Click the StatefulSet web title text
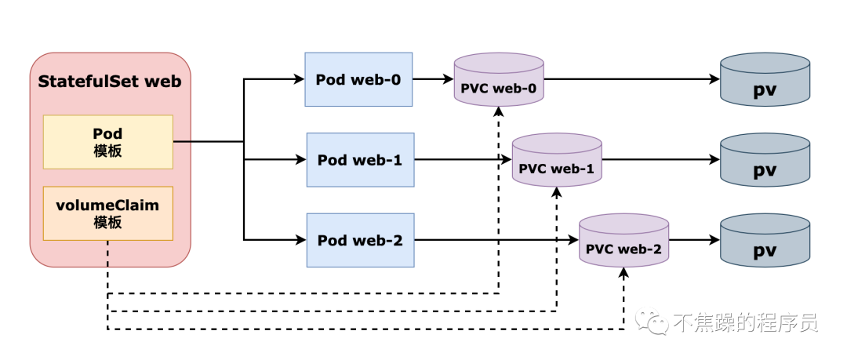(110, 82)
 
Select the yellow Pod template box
(108, 142)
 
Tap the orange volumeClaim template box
(108, 213)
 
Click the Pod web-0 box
(358, 79)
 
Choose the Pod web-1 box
(360, 160)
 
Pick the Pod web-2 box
(360, 240)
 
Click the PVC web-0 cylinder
(499, 79)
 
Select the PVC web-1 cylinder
(557, 160)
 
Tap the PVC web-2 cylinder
(624, 240)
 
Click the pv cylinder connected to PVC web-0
(765, 79)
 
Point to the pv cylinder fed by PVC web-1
(765, 160)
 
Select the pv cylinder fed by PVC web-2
(765, 240)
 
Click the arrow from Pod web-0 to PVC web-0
(433, 79)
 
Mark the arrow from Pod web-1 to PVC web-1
(463, 160)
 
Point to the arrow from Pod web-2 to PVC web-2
(496, 240)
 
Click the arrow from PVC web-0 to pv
(632, 79)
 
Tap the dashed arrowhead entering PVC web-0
(499, 112)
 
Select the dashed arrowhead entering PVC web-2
(624, 272)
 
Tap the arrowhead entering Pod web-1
(301, 160)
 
